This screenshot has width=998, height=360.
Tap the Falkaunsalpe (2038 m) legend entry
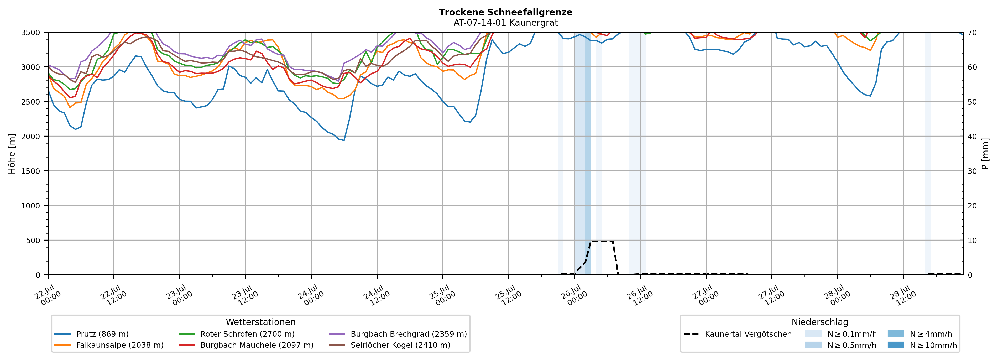click(109, 345)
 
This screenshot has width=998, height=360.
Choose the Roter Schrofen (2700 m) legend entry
click(236, 334)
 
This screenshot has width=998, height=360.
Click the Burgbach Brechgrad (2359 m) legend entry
click(398, 334)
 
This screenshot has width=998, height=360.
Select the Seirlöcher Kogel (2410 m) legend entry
click(389, 345)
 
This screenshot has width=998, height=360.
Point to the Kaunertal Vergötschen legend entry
click(738, 334)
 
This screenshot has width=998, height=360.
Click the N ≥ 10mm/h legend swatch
click(896, 345)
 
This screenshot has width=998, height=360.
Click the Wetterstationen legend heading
click(261, 322)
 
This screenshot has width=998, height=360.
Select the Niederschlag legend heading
click(820, 322)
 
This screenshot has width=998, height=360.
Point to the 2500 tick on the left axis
click(31, 102)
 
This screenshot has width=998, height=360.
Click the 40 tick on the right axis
click(972, 136)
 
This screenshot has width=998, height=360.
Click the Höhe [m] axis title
click(12, 153)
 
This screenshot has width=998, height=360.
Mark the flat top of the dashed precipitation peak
click(602, 241)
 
